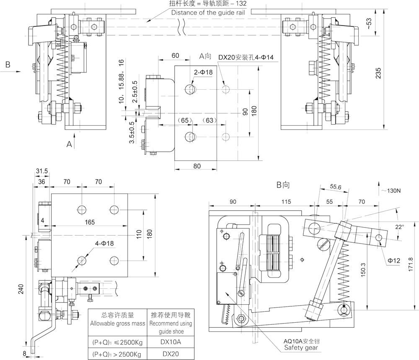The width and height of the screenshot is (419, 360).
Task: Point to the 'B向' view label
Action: pyautogui.click(x=283, y=184)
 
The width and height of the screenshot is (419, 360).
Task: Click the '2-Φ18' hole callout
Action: pyautogui.click(x=203, y=72)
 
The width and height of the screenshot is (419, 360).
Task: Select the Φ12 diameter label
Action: pyautogui.click(x=393, y=261)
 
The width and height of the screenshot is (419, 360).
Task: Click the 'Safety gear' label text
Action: pyautogui.click(x=301, y=347)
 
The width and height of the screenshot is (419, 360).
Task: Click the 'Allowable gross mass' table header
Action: pyautogui.click(x=118, y=324)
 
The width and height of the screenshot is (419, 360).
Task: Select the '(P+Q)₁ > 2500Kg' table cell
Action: pyautogui.click(x=117, y=354)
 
